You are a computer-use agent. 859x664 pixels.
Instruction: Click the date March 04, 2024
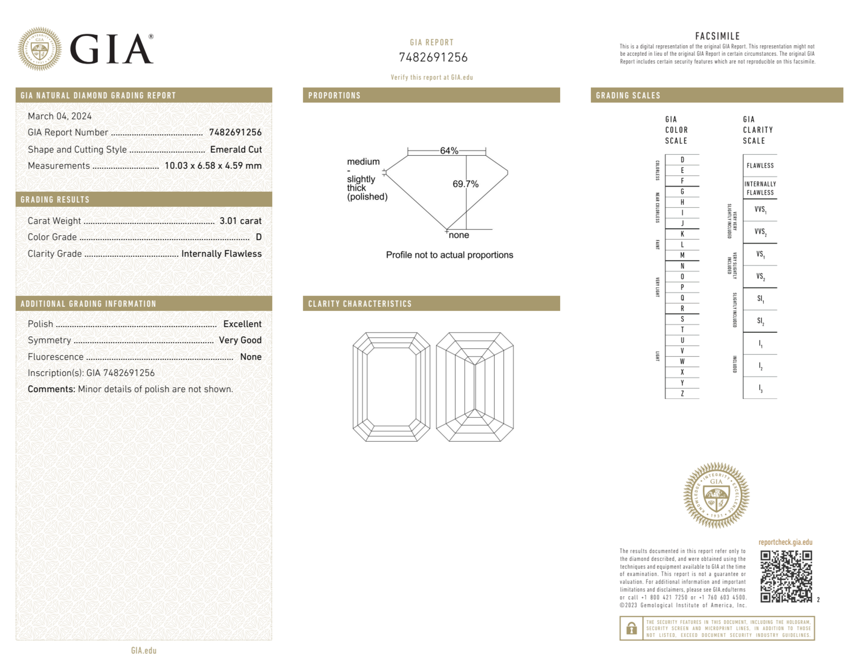(60, 116)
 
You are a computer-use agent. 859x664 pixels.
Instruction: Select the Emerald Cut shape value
(236, 149)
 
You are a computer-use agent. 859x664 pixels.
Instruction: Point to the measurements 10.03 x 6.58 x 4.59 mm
(213, 166)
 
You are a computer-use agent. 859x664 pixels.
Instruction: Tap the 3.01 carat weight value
(240, 221)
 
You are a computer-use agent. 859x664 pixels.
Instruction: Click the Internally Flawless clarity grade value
(222, 254)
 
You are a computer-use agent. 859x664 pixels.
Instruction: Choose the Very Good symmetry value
(240, 340)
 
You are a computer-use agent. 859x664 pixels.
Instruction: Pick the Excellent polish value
(242, 324)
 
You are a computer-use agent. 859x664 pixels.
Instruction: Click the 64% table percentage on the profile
(449, 151)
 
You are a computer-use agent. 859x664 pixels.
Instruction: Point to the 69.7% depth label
(465, 184)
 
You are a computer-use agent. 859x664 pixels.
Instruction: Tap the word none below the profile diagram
(459, 235)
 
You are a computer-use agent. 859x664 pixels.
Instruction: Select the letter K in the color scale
(682, 234)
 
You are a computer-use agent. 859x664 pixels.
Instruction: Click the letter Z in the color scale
(682, 393)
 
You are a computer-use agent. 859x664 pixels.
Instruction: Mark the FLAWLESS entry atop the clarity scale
(760, 166)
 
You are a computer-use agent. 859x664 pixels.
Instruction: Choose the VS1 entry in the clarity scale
(760, 254)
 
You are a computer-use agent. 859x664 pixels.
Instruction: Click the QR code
(786, 576)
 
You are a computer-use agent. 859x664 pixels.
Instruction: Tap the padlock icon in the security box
(631, 628)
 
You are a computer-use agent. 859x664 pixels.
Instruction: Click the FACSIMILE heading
(717, 37)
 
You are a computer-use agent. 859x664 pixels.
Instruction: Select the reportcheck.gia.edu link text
(785, 542)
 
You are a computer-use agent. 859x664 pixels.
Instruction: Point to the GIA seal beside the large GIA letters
(39, 49)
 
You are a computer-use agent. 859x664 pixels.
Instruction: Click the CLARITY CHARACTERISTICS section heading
(360, 304)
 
